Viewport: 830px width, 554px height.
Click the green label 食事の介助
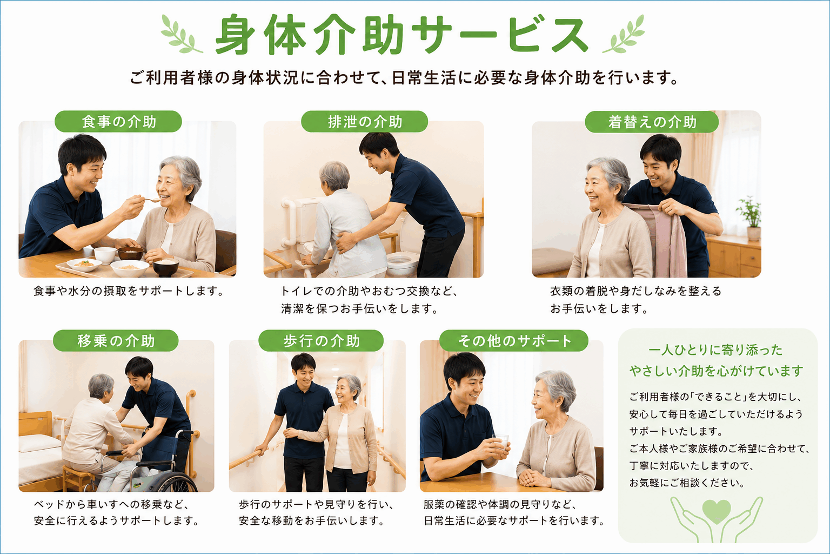pyautogui.click(x=118, y=121)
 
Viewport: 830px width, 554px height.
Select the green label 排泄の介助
pyautogui.click(x=365, y=121)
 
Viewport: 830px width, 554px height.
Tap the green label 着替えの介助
pyautogui.click(x=652, y=122)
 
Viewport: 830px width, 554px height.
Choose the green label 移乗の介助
pyautogui.click(x=116, y=341)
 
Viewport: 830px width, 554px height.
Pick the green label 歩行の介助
pyautogui.click(x=321, y=341)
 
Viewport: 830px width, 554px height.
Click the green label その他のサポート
pyautogui.click(x=514, y=341)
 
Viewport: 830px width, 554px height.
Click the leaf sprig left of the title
pyautogui.click(x=181, y=34)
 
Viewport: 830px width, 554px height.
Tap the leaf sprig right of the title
pyautogui.click(x=624, y=34)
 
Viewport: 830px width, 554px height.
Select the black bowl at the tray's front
pyautogui.click(x=166, y=268)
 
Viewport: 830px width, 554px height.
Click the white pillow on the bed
pyautogui.click(x=39, y=444)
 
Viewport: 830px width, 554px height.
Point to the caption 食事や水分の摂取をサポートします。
pyautogui.click(x=129, y=291)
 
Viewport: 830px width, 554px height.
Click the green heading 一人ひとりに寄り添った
pyautogui.click(x=715, y=350)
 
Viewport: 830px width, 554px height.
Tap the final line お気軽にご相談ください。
pyautogui.click(x=687, y=483)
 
